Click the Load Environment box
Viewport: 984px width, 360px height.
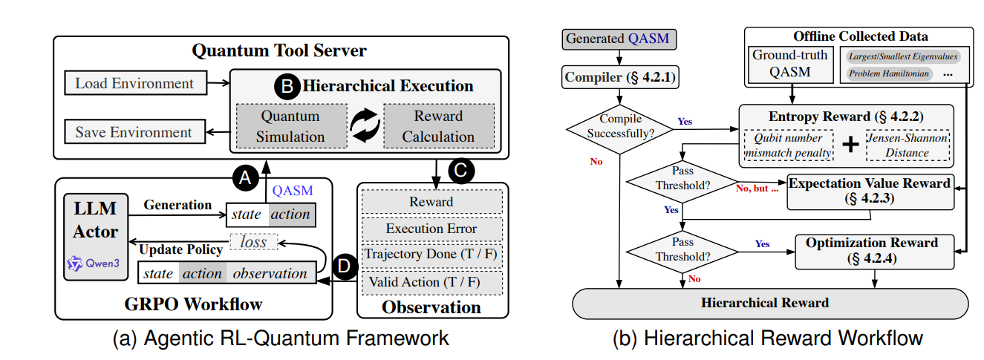point(134,83)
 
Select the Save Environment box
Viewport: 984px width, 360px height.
point(134,133)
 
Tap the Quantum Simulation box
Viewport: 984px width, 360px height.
point(290,126)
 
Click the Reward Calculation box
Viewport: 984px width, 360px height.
point(438,126)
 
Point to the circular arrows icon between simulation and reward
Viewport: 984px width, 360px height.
point(365,125)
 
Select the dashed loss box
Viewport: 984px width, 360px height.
point(253,242)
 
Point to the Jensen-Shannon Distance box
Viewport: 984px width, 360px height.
point(907,145)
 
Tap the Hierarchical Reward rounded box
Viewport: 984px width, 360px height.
point(770,303)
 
